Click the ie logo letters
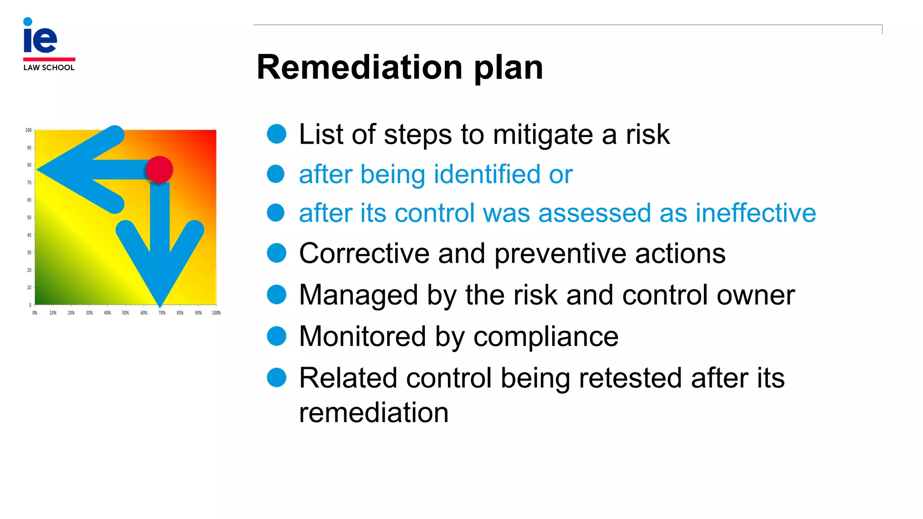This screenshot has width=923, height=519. tap(40, 38)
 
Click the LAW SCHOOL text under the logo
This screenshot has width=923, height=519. tap(49, 68)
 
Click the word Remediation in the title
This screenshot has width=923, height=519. tap(360, 68)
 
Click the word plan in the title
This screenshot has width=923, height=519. tap(508, 68)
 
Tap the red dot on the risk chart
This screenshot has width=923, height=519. tap(160, 170)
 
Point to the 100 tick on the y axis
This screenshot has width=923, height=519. tap(28, 130)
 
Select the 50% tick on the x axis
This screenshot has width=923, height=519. tap(126, 313)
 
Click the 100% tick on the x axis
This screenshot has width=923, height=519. tap(216, 313)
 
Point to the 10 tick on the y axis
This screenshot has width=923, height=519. tap(29, 287)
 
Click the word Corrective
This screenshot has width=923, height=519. tap(364, 253)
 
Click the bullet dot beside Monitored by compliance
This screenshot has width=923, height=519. tap(277, 336)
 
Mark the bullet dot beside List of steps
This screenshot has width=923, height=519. tap(277, 134)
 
